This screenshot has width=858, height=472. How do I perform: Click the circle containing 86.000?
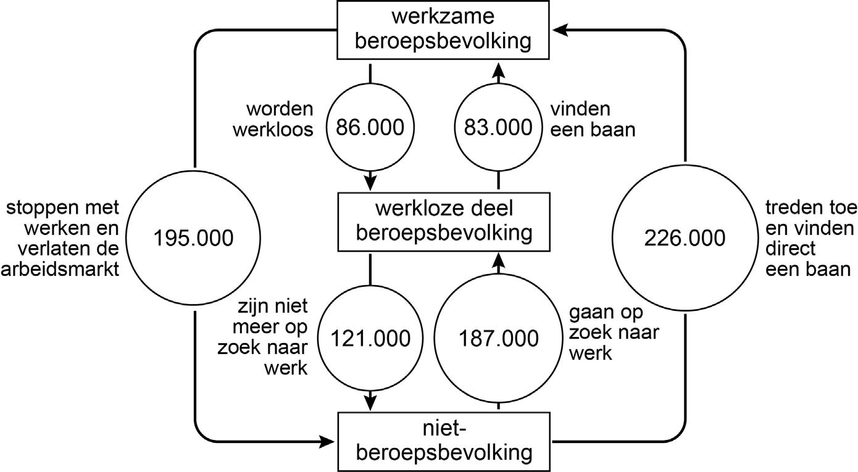(370, 128)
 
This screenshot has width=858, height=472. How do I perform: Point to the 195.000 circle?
(194, 238)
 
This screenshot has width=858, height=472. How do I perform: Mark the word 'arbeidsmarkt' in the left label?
(59, 271)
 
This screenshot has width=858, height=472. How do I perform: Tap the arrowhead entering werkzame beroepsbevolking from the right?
(561, 29)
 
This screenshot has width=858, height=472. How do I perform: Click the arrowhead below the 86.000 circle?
(370, 183)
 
